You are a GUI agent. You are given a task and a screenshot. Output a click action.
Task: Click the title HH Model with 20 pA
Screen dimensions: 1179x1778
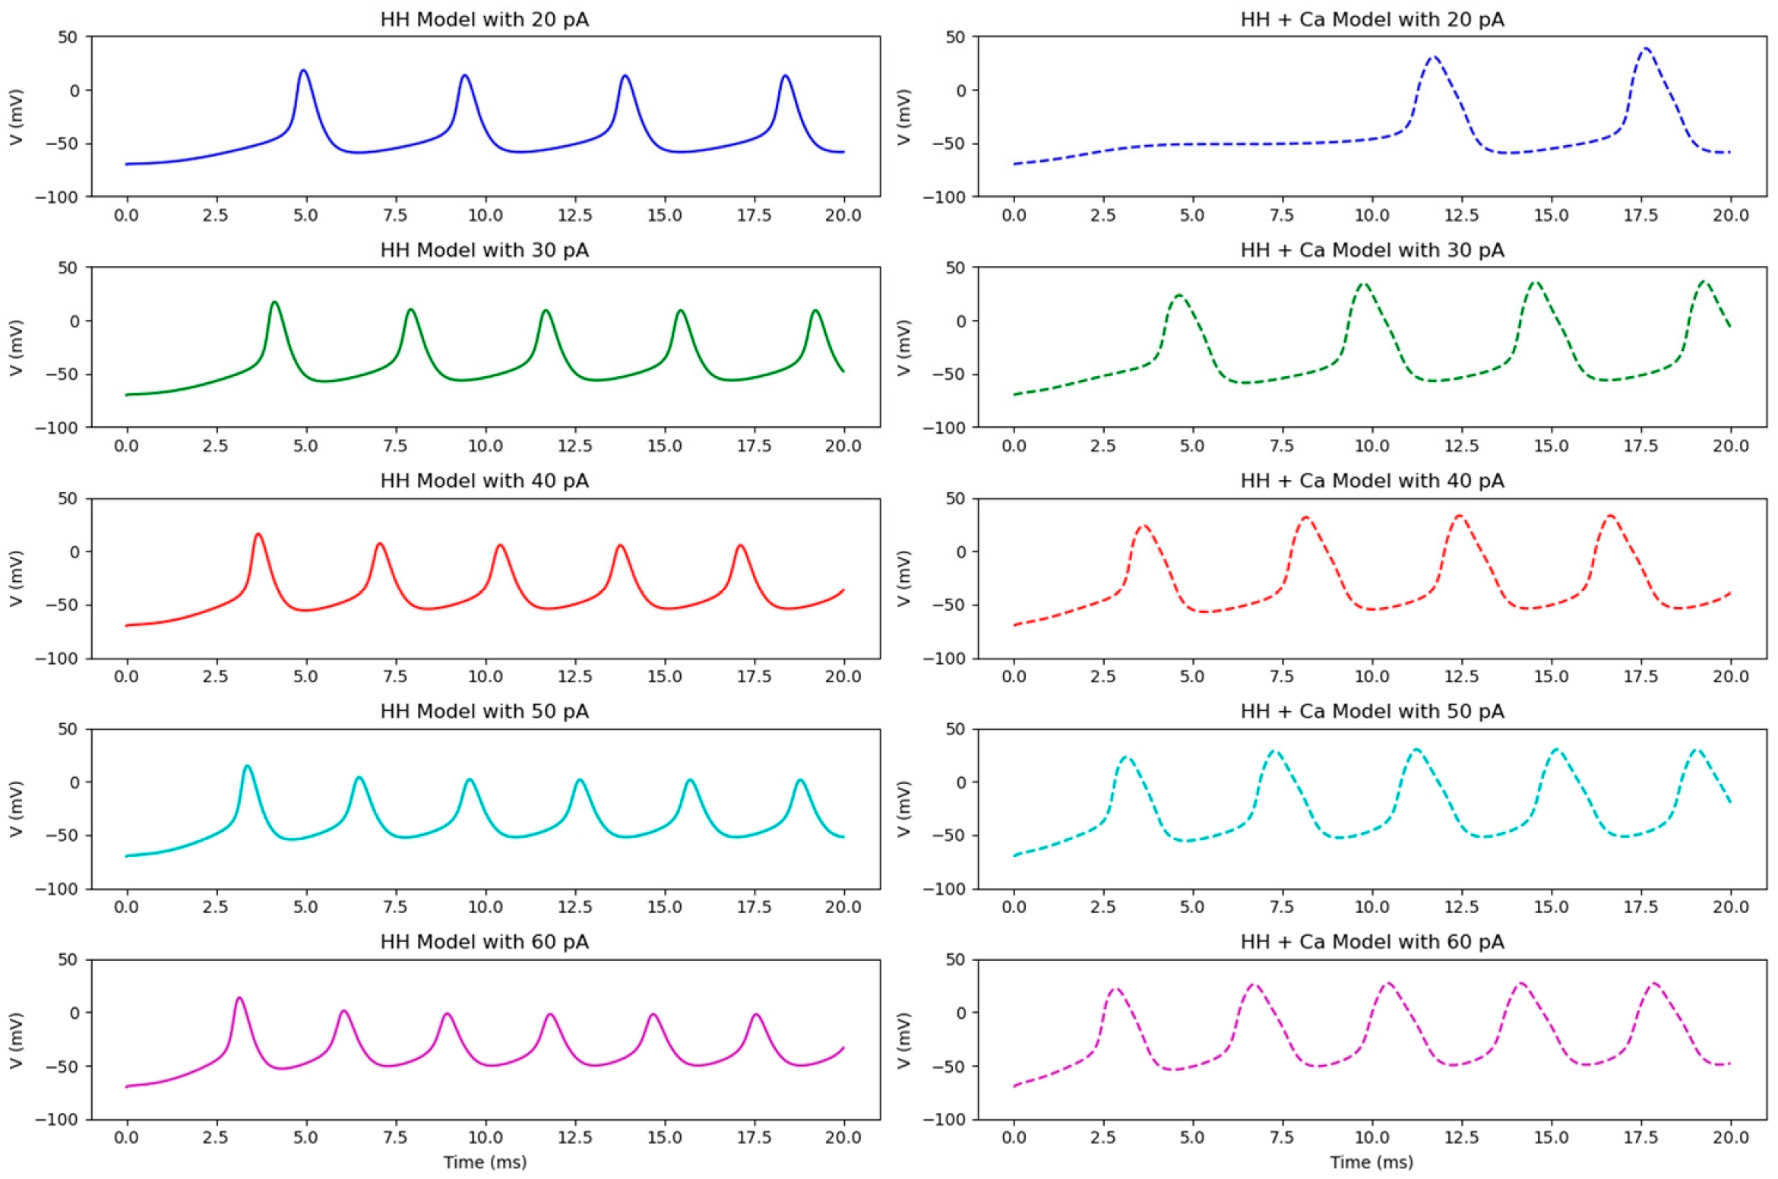(x=484, y=19)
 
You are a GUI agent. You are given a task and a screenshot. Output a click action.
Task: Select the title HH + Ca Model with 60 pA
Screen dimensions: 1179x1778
(x=1371, y=942)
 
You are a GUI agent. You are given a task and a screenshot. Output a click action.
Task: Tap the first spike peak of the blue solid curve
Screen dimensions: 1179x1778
(x=304, y=70)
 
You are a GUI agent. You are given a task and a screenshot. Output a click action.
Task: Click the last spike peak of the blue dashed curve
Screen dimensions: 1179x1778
(x=1646, y=49)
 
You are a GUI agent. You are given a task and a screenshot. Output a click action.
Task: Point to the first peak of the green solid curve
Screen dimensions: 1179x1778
(x=274, y=302)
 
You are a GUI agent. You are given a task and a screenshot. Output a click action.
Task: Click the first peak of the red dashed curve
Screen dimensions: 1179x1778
(x=1142, y=526)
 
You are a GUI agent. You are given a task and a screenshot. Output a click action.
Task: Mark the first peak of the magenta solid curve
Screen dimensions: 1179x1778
(x=239, y=998)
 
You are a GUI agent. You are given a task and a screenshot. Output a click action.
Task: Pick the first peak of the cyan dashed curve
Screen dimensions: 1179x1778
(x=1125, y=757)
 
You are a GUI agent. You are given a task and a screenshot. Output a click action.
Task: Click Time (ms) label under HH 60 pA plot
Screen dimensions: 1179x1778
(x=485, y=1162)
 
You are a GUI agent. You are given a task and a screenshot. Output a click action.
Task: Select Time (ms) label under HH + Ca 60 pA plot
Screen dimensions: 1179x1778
(x=1371, y=1162)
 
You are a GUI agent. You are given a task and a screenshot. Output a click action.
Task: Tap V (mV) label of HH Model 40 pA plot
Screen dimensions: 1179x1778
(x=16, y=578)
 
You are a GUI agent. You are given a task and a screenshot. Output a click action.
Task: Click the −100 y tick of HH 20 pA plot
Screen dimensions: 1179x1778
(x=56, y=197)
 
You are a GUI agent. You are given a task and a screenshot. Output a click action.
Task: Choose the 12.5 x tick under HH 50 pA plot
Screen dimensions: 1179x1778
(x=574, y=906)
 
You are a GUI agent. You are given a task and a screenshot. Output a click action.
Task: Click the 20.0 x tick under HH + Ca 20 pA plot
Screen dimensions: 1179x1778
(x=1730, y=215)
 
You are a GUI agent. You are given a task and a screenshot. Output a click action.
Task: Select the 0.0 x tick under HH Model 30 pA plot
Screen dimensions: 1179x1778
(x=126, y=446)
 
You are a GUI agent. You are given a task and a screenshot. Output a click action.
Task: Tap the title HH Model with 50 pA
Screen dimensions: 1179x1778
(x=484, y=711)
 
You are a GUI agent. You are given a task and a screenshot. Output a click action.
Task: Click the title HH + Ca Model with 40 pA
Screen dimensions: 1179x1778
(x=1371, y=481)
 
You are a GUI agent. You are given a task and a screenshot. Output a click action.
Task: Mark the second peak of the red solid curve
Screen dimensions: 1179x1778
(x=379, y=544)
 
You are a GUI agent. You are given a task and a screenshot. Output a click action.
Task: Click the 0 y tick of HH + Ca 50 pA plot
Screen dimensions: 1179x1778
(x=961, y=782)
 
